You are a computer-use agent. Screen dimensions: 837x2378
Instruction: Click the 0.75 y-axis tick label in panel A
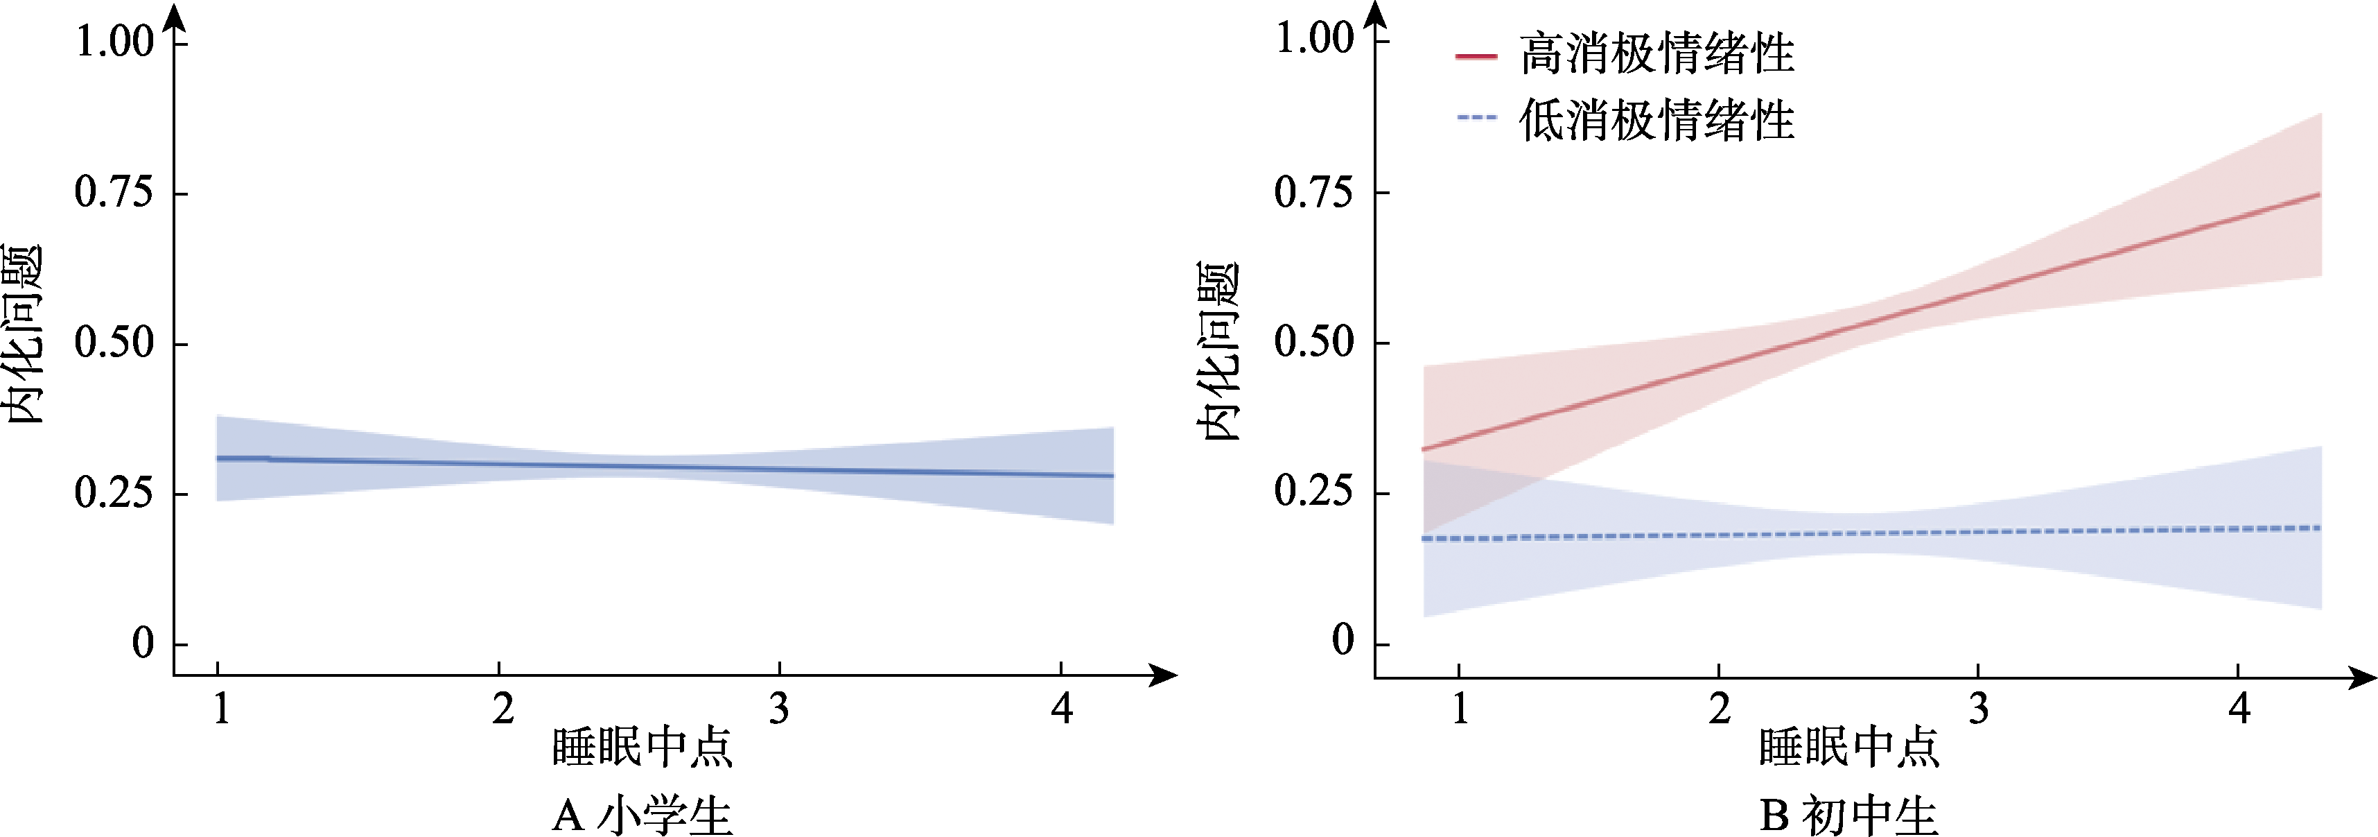[x=114, y=192]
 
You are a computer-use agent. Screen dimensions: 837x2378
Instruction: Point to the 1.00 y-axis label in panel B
[x=1313, y=39]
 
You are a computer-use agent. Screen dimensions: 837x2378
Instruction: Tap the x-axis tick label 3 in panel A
[x=779, y=709]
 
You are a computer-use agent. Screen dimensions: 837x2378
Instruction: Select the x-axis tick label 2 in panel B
[x=1719, y=709]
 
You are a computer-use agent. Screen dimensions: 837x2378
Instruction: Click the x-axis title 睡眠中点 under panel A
[x=642, y=746]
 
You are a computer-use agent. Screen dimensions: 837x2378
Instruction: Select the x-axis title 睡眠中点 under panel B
[x=1849, y=746]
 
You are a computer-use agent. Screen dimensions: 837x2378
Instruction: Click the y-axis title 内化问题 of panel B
[x=1218, y=351]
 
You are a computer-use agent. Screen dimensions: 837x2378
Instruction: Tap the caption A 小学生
[x=642, y=815]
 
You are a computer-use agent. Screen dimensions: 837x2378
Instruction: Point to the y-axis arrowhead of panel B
[x=1376, y=15]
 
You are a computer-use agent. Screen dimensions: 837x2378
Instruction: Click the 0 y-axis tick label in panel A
[x=142, y=643]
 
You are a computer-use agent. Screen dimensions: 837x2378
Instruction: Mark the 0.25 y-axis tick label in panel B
[x=1313, y=492]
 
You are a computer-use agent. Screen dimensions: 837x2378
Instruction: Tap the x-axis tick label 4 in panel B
[x=2239, y=709]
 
